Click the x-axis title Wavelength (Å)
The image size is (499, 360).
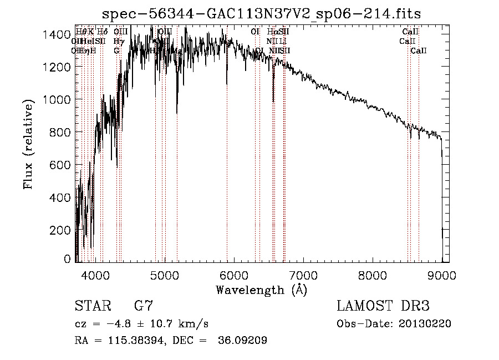pyautogui.click(x=261, y=290)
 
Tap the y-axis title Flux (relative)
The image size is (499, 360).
pyautogui.click(x=28, y=143)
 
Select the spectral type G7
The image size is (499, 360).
pyautogui.click(x=144, y=306)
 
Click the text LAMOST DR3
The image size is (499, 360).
pyautogui.click(x=383, y=306)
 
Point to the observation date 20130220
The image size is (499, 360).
pyautogui.click(x=425, y=324)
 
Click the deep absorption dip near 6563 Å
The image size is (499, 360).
pyautogui.click(x=273, y=100)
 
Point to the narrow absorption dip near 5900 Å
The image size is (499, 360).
pyautogui.click(x=227, y=83)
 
